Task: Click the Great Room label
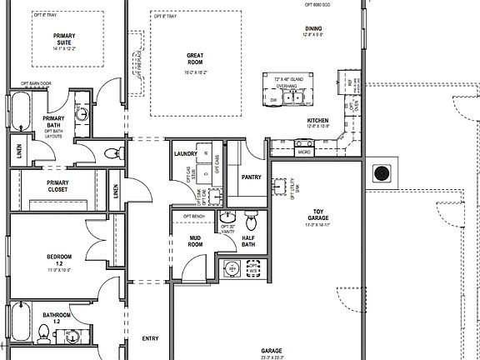195,59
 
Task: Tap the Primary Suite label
65,39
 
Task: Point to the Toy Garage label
317,215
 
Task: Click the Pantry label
252,177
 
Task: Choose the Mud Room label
195,242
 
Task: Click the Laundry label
185,154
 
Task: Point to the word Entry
150,338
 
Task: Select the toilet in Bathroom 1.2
43,334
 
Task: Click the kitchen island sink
292,99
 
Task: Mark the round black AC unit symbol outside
382,174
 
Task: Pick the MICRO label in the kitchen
304,152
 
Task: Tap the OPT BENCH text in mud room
193,216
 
